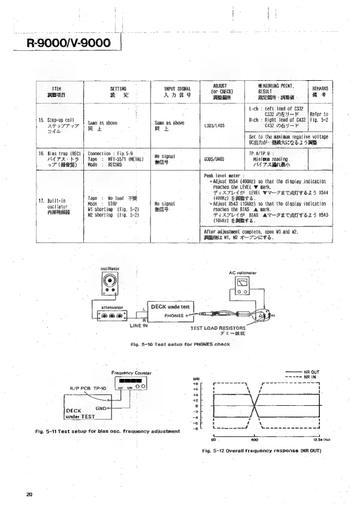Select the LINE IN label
[140, 326]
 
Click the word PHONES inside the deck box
[173, 315]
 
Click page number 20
[29, 494]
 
